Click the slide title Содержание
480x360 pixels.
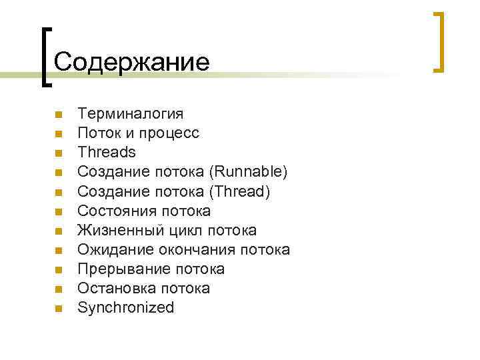tap(131, 62)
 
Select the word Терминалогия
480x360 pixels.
tap(131, 114)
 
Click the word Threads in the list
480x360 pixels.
tap(107, 153)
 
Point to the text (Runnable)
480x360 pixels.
tap(248, 172)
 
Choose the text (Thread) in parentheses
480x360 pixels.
tap(240, 191)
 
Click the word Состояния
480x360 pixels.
tap(117, 211)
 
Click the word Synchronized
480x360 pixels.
tap(126, 307)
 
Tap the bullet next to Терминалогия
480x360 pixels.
tap(59, 115)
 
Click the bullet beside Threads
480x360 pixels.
tap(59, 153)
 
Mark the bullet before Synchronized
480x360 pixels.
tap(59, 308)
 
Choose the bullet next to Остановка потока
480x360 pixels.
tap(59, 289)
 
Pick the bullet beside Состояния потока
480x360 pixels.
tap(59, 211)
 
